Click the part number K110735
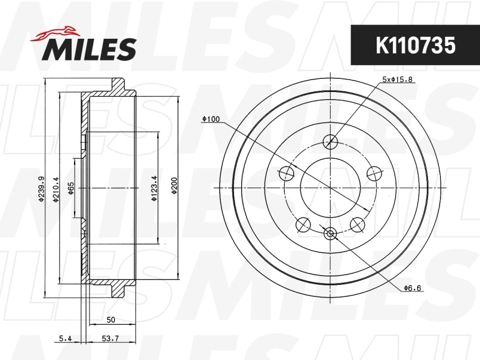[416, 45]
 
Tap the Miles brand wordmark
[89, 50]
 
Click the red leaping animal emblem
[55, 33]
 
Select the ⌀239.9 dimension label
[41, 189]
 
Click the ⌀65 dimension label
[70, 188]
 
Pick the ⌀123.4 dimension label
[154, 188]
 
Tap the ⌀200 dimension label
[174, 186]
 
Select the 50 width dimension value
[111, 319]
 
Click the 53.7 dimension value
[110, 339]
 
